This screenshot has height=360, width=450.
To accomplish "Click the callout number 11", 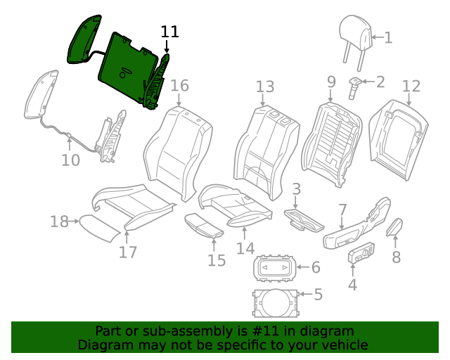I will pos(170,32).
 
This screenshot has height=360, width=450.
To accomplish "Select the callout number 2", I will pos(380,82).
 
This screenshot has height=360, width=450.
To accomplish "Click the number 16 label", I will pos(180,86).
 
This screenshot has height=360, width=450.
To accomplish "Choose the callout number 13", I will pos(264,86).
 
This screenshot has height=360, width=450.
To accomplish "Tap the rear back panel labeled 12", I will pos(399,137).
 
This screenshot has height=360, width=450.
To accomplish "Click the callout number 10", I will pos(70,160).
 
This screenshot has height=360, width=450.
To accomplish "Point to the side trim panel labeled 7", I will pos(355,226).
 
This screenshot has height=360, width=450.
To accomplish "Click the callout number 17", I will pos(127,252).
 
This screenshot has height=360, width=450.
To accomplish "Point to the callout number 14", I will pos(245,248).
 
